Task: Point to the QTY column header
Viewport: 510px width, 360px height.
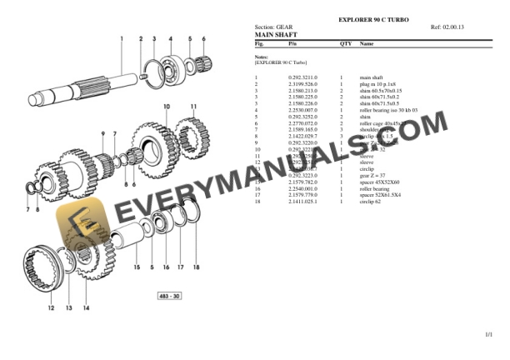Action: pos(345,42)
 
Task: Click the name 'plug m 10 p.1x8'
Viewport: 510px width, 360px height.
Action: pos(378,84)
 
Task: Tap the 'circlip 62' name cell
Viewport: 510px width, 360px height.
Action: pos(372,202)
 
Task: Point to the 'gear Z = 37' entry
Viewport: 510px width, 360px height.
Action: pos(374,176)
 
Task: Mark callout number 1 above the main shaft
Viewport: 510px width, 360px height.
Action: pos(122,38)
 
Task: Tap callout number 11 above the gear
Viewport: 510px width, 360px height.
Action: pos(193,107)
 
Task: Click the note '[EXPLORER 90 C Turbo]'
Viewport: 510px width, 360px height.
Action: pos(281,62)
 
